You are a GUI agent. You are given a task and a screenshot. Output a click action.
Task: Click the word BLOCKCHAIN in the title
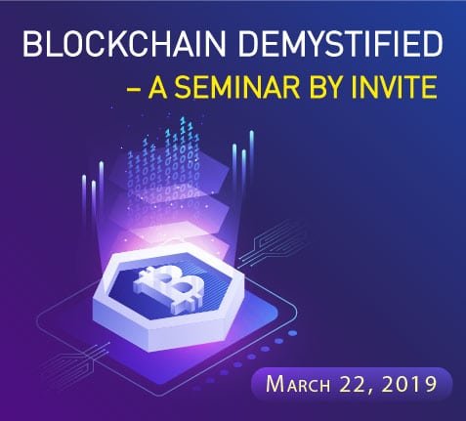(124, 43)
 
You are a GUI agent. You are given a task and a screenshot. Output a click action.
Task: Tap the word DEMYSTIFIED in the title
(341, 43)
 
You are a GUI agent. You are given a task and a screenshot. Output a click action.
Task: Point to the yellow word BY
(322, 87)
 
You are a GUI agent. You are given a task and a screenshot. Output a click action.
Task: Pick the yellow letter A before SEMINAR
(158, 87)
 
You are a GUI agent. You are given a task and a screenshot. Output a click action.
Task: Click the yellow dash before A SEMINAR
(134, 89)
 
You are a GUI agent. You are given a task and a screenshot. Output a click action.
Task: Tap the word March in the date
(298, 384)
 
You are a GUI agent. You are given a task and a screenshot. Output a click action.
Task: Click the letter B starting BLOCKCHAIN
(32, 44)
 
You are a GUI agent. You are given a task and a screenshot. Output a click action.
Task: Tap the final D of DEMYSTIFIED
(433, 44)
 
